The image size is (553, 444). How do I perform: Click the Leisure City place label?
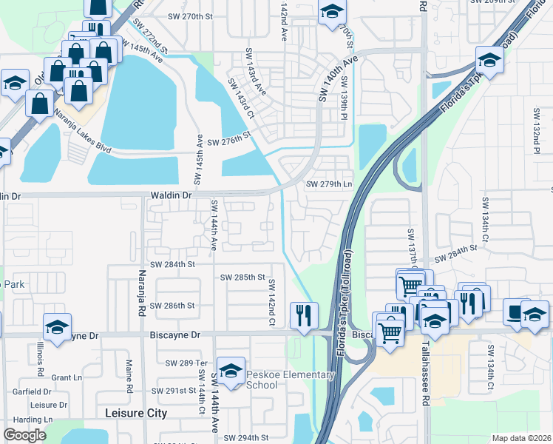pyautogui.click(x=136, y=413)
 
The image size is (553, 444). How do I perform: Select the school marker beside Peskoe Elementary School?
pyautogui.click(x=231, y=371)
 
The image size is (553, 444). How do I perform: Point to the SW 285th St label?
pyautogui.click(x=242, y=277)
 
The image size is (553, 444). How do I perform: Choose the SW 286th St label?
pyautogui.click(x=172, y=306)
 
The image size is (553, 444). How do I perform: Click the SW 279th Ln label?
pyautogui.click(x=330, y=184)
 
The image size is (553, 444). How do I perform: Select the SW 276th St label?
pyautogui.click(x=229, y=142)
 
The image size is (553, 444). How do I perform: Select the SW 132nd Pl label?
pyautogui.click(x=536, y=126)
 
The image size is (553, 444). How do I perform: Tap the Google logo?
pyautogui.click(x=24, y=435)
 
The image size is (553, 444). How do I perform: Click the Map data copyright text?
pyautogui.click(x=522, y=438)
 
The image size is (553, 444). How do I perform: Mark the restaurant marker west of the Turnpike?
pyautogui.click(x=304, y=314)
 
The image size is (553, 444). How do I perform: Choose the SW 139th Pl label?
pyautogui.click(x=344, y=102)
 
